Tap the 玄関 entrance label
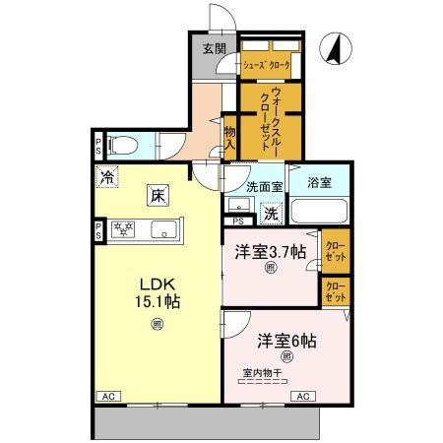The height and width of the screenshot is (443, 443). coord(214,48)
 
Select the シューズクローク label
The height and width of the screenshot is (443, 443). coord(267,65)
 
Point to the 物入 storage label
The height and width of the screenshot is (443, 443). coord(229,137)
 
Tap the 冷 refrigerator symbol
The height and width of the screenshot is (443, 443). coord(105,177)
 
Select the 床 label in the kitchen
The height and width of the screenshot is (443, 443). coord(158,195)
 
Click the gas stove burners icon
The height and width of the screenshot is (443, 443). coord(124,230)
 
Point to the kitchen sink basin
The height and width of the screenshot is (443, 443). coord(162,231)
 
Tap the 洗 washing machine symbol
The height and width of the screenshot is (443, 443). coord(270,211)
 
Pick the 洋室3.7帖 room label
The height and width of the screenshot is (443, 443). coord(270,251)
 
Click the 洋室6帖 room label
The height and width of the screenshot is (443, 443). coord(287,341)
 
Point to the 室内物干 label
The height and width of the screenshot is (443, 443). coord(262,373)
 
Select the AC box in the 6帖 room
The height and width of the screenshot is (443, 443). coord(303,396)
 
